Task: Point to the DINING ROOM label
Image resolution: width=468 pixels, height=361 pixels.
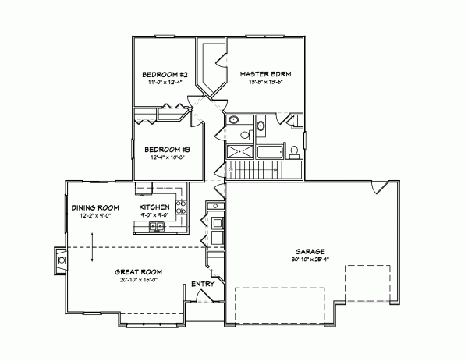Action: (x=94, y=207)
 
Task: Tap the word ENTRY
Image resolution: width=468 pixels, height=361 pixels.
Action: (x=201, y=285)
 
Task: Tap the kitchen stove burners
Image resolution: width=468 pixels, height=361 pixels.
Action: (x=181, y=207)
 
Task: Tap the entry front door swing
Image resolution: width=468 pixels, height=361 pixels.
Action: (x=204, y=297)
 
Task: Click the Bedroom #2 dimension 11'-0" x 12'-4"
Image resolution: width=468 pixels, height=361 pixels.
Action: (x=163, y=81)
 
